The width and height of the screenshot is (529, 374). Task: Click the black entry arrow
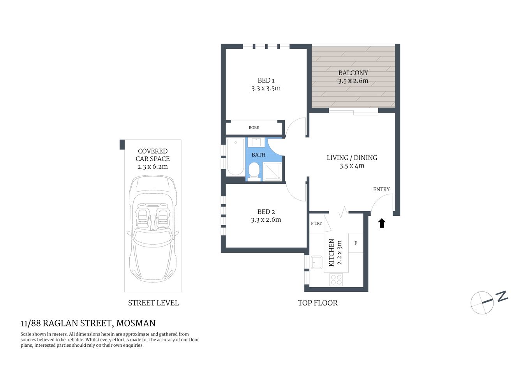coord(382,223)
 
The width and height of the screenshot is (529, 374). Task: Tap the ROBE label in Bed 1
coord(254,128)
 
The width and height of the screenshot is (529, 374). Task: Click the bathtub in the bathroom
coord(235,157)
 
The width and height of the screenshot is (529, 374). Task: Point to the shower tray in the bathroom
coord(272,171)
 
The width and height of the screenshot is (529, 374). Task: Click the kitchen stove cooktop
coord(336,279)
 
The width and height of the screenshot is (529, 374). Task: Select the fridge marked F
coord(356,243)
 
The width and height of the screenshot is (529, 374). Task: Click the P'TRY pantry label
coord(316,223)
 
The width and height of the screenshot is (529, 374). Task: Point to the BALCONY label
coord(353,73)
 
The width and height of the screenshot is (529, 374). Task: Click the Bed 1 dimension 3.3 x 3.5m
coord(266,88)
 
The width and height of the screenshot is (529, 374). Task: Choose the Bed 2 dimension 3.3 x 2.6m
coord(266,220)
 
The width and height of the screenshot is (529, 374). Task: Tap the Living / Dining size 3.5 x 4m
coord(352,166)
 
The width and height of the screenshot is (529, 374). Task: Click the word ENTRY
coord(381,189)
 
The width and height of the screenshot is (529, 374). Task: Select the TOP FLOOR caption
coord(317,303)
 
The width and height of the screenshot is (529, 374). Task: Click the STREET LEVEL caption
coord(153,303)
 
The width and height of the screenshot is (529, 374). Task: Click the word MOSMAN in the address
coord(136,323)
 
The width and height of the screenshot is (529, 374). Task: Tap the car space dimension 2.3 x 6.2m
coord(153,167)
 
